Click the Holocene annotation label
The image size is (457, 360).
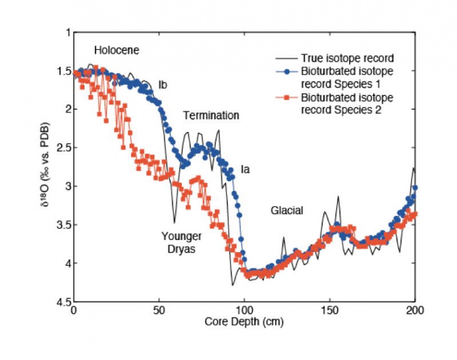116,50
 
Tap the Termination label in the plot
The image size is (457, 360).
211,115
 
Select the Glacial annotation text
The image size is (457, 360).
287,211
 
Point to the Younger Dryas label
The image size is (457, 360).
181,242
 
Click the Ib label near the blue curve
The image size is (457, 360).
163,84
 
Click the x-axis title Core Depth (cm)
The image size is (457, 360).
244,321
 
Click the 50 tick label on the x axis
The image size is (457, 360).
159,310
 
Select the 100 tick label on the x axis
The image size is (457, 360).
244,310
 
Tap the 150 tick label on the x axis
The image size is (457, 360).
329,310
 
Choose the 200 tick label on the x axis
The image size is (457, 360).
414,310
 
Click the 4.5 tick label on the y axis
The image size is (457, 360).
62,301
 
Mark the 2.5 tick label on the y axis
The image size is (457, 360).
62,147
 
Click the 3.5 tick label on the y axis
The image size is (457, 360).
62,224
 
